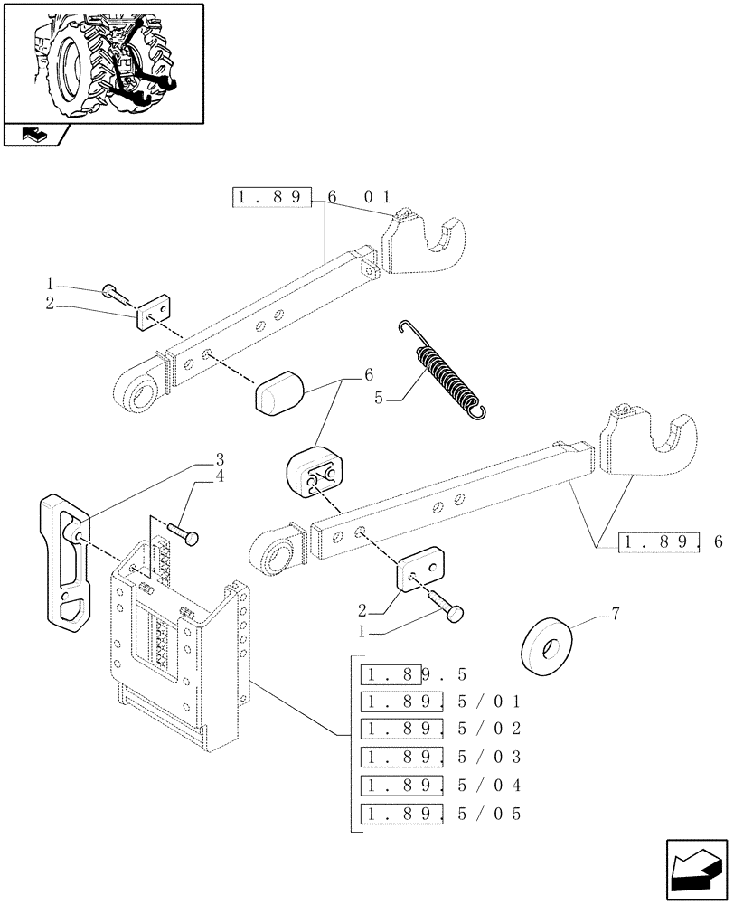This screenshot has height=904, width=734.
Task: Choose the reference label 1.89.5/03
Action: tap(441, 756)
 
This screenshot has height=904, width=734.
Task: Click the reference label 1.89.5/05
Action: tap(441, 813)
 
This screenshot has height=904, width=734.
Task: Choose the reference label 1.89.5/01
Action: tap(441, 701)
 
